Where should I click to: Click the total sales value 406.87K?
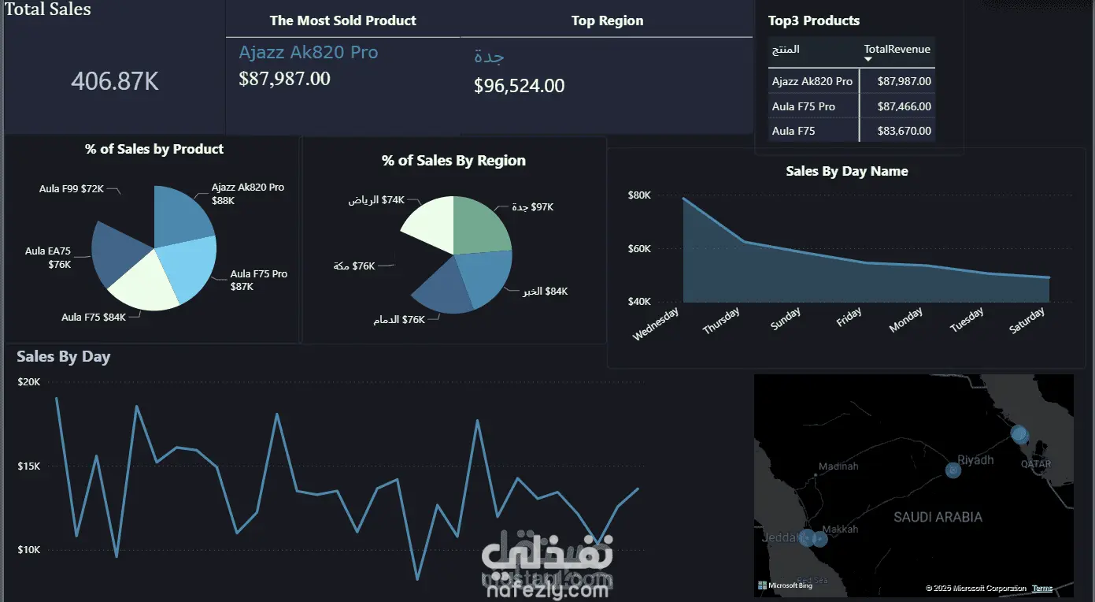coord(115,81)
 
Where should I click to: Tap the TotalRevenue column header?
coord(897,49)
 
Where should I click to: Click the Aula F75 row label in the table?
coord(794,131)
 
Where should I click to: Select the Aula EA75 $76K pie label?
coord(48,258)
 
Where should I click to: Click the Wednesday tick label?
coord(656,324)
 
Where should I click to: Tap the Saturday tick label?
coord(1027,321)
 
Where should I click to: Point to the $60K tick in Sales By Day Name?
coord(639,249)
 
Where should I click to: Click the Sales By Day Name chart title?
coord(847,171)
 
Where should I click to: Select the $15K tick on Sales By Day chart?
coord(29,466)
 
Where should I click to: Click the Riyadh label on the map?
coord(976,460)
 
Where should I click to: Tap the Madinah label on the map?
coord(838,466)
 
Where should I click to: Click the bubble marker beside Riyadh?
coord(953,470)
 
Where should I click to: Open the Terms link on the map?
coord(1042,589)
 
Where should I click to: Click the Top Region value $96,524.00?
coord(519,86)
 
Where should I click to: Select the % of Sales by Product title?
coord(154,149)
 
